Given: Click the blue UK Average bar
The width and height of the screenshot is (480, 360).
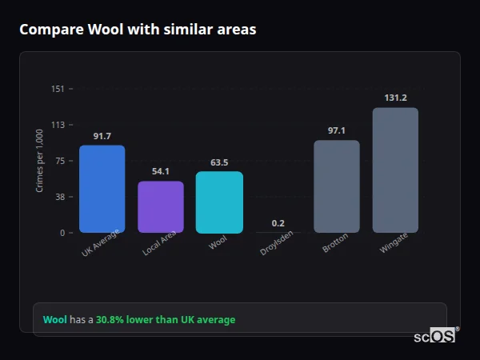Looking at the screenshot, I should click(102, 189).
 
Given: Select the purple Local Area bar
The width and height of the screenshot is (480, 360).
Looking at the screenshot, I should click(160, 207).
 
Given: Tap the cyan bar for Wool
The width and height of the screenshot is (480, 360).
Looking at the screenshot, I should click(219, 202).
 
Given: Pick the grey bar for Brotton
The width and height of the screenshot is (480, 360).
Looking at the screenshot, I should click(336, 186).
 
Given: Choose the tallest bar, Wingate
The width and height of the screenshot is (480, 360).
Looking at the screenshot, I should click(395, 170).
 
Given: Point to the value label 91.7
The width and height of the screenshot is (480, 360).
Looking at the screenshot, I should click(102, 136).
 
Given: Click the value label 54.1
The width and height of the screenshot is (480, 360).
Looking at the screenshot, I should click(161, 172).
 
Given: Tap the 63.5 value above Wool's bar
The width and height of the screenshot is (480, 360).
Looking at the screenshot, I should click(219, 162).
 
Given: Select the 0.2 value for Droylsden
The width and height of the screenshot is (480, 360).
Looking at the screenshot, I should click(278, 223).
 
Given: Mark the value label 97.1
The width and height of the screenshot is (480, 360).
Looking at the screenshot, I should click(336, 130).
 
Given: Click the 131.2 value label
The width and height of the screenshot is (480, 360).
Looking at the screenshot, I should click(395, 98).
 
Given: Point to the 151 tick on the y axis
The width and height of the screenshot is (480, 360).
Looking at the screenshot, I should click(58, 89).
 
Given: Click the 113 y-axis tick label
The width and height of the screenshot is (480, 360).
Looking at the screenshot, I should click(58, 125).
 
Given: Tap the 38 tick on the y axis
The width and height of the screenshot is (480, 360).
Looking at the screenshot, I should click(60, 197).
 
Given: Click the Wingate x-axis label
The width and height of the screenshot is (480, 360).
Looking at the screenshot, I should click(394, 243).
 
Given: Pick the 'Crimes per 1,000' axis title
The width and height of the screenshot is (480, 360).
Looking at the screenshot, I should click(40, 161).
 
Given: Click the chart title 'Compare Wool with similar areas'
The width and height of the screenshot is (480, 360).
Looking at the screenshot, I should click(138, 30).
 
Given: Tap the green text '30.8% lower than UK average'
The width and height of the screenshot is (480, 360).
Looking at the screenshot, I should click(166, 320).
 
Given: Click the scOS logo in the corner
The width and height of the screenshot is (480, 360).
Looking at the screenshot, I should click(435, 336).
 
